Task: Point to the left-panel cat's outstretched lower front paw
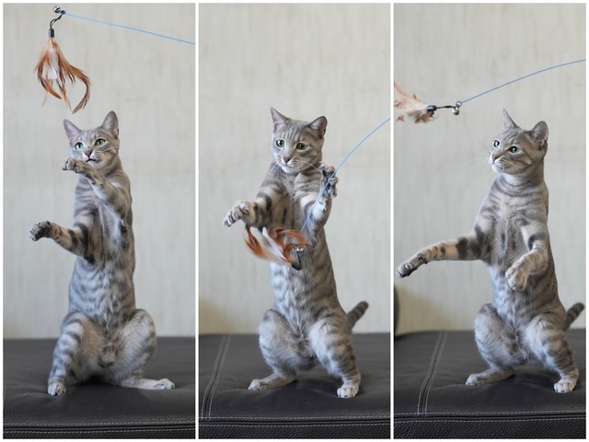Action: coord(40,229)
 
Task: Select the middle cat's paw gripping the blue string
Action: coord(328,180)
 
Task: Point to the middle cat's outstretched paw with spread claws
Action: coord(237,214)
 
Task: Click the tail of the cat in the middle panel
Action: coord(356,313)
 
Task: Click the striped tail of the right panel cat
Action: coord(573,314)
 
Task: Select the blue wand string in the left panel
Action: coord(129,28)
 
